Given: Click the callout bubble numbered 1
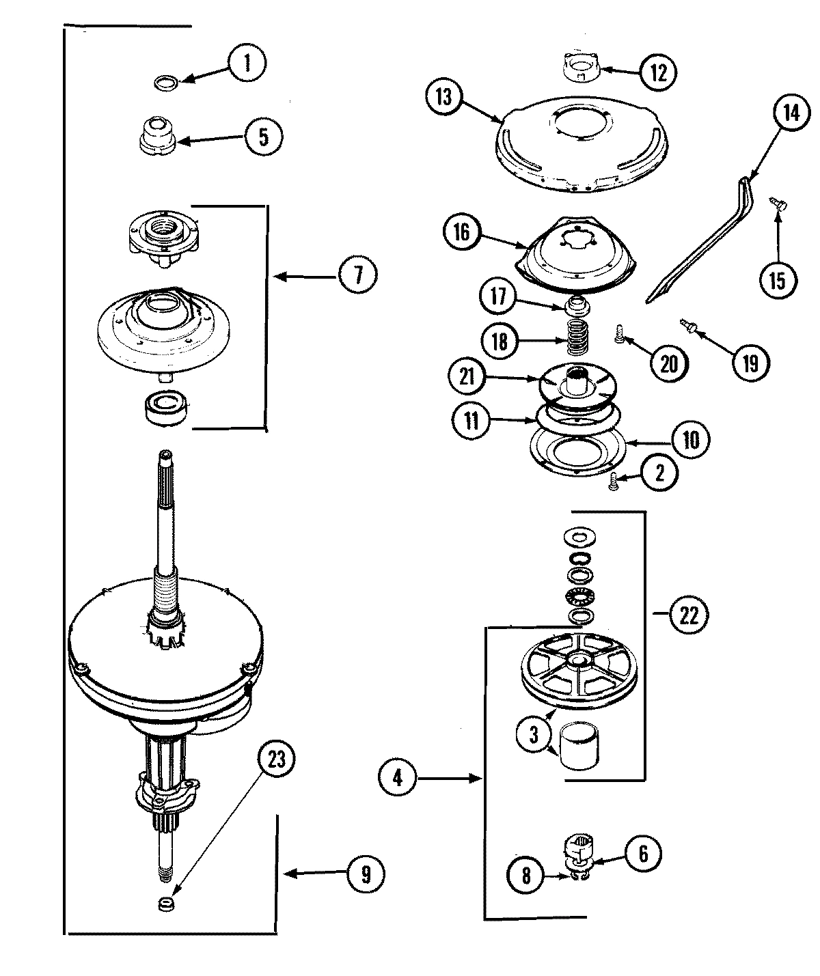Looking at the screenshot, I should point(247,64).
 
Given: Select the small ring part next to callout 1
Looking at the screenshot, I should point(167,83).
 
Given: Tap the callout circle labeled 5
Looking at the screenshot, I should point(263,137).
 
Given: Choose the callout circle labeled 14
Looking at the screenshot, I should point(790,113).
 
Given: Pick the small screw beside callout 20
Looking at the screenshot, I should point(618,334).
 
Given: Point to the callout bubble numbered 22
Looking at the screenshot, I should point(688,615).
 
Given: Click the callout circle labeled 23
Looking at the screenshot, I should point(279,759).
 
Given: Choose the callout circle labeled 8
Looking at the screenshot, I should point(525,876).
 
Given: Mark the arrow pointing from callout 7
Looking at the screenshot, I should point(303,277).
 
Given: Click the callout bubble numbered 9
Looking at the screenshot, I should point(366,872).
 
